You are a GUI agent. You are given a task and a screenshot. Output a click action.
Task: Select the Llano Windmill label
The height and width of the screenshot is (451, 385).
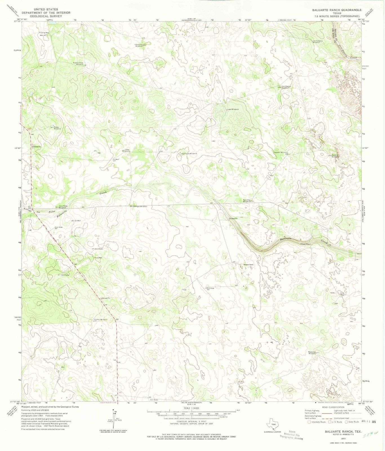126,150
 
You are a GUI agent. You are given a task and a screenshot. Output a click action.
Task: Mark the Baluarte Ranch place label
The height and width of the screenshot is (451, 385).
248,265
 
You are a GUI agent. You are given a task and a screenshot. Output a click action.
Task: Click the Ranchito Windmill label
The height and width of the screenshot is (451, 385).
247,201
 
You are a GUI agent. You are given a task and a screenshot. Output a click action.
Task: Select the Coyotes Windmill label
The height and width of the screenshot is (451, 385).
100,319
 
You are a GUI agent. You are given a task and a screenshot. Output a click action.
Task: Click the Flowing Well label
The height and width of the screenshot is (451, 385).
44,33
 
